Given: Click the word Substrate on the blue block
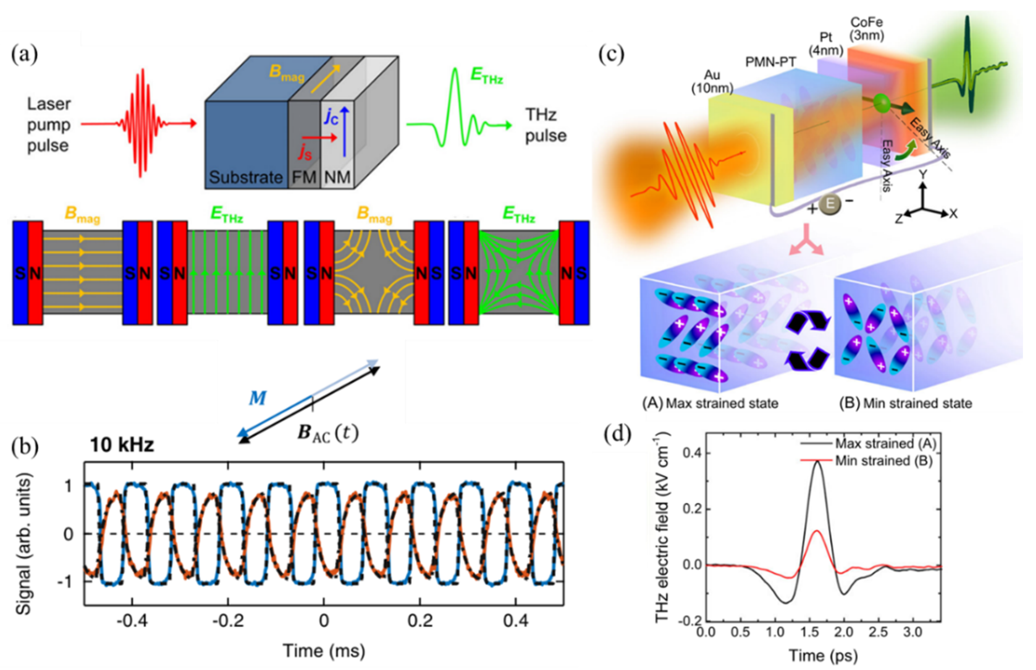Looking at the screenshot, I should point(245,177).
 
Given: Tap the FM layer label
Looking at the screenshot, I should point(304,177).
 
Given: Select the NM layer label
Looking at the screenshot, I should point(337,177).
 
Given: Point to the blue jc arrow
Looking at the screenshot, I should point(345,133).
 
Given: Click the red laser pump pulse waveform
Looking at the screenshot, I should point(140,124).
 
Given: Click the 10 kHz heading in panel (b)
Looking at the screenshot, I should point(122,445).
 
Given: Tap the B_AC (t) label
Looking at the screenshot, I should point(328,433).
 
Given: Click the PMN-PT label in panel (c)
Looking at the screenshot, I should point(770,62).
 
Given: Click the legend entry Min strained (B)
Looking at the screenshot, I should point(884,461).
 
